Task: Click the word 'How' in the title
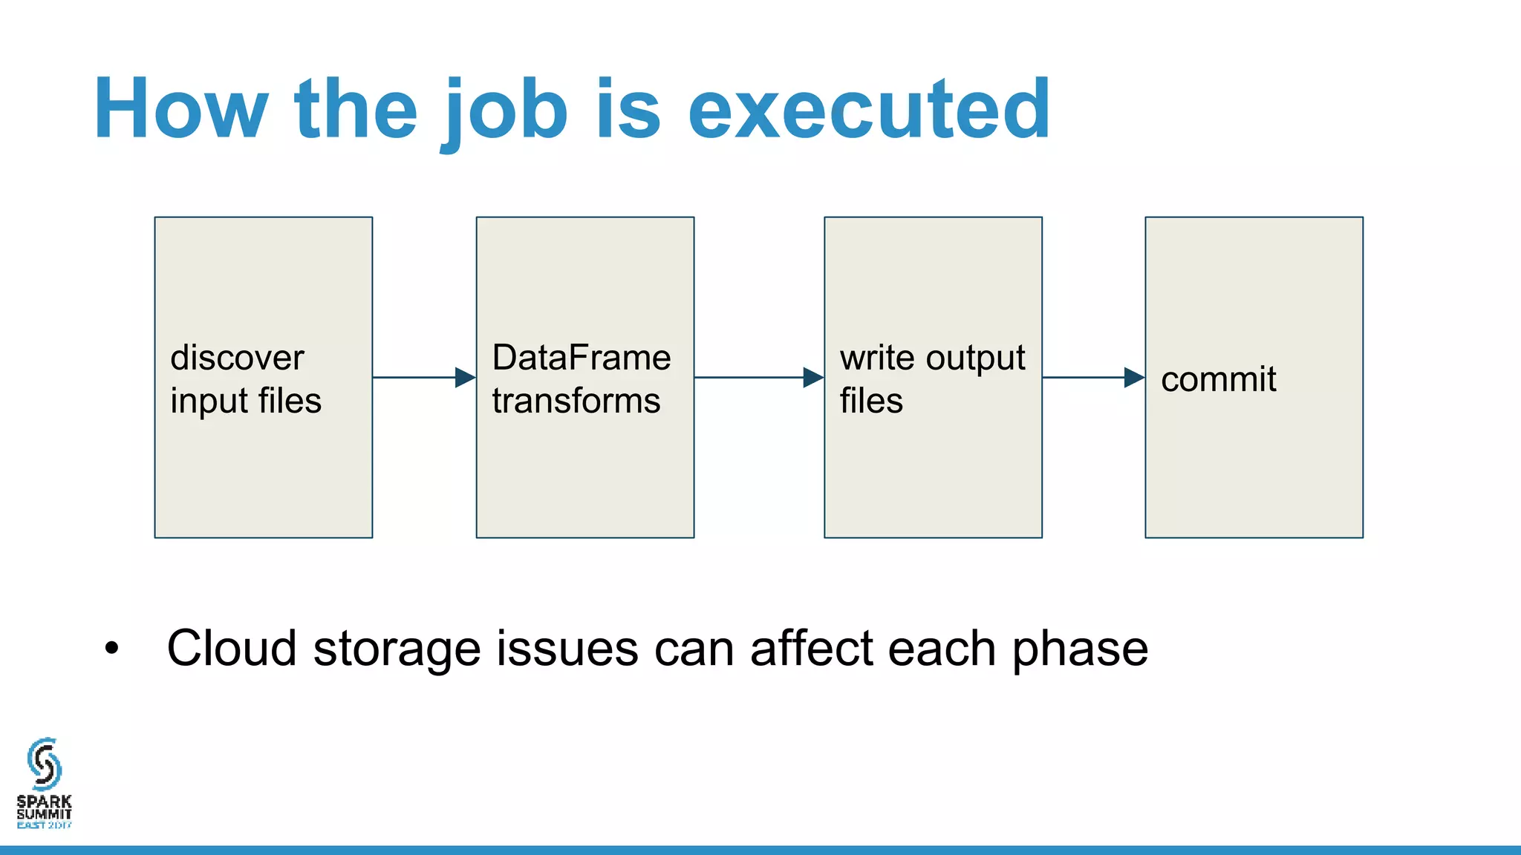[180, 110]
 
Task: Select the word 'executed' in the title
[869, 110]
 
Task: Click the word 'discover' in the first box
[237, 358]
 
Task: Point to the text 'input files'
[246, 402]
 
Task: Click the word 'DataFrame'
[582, 358]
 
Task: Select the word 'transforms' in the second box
[576, 402]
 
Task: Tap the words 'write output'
[932, 358]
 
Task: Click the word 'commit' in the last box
[1218, 380]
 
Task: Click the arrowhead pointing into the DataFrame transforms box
[465, 378]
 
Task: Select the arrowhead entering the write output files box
[813, 378]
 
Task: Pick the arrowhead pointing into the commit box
[1134, 378]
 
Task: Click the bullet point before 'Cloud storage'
[111, 649]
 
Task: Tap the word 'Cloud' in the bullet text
[232, 649]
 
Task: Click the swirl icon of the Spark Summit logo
[45, 764]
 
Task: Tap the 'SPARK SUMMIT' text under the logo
[45, 807]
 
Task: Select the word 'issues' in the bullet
[567, 649]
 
